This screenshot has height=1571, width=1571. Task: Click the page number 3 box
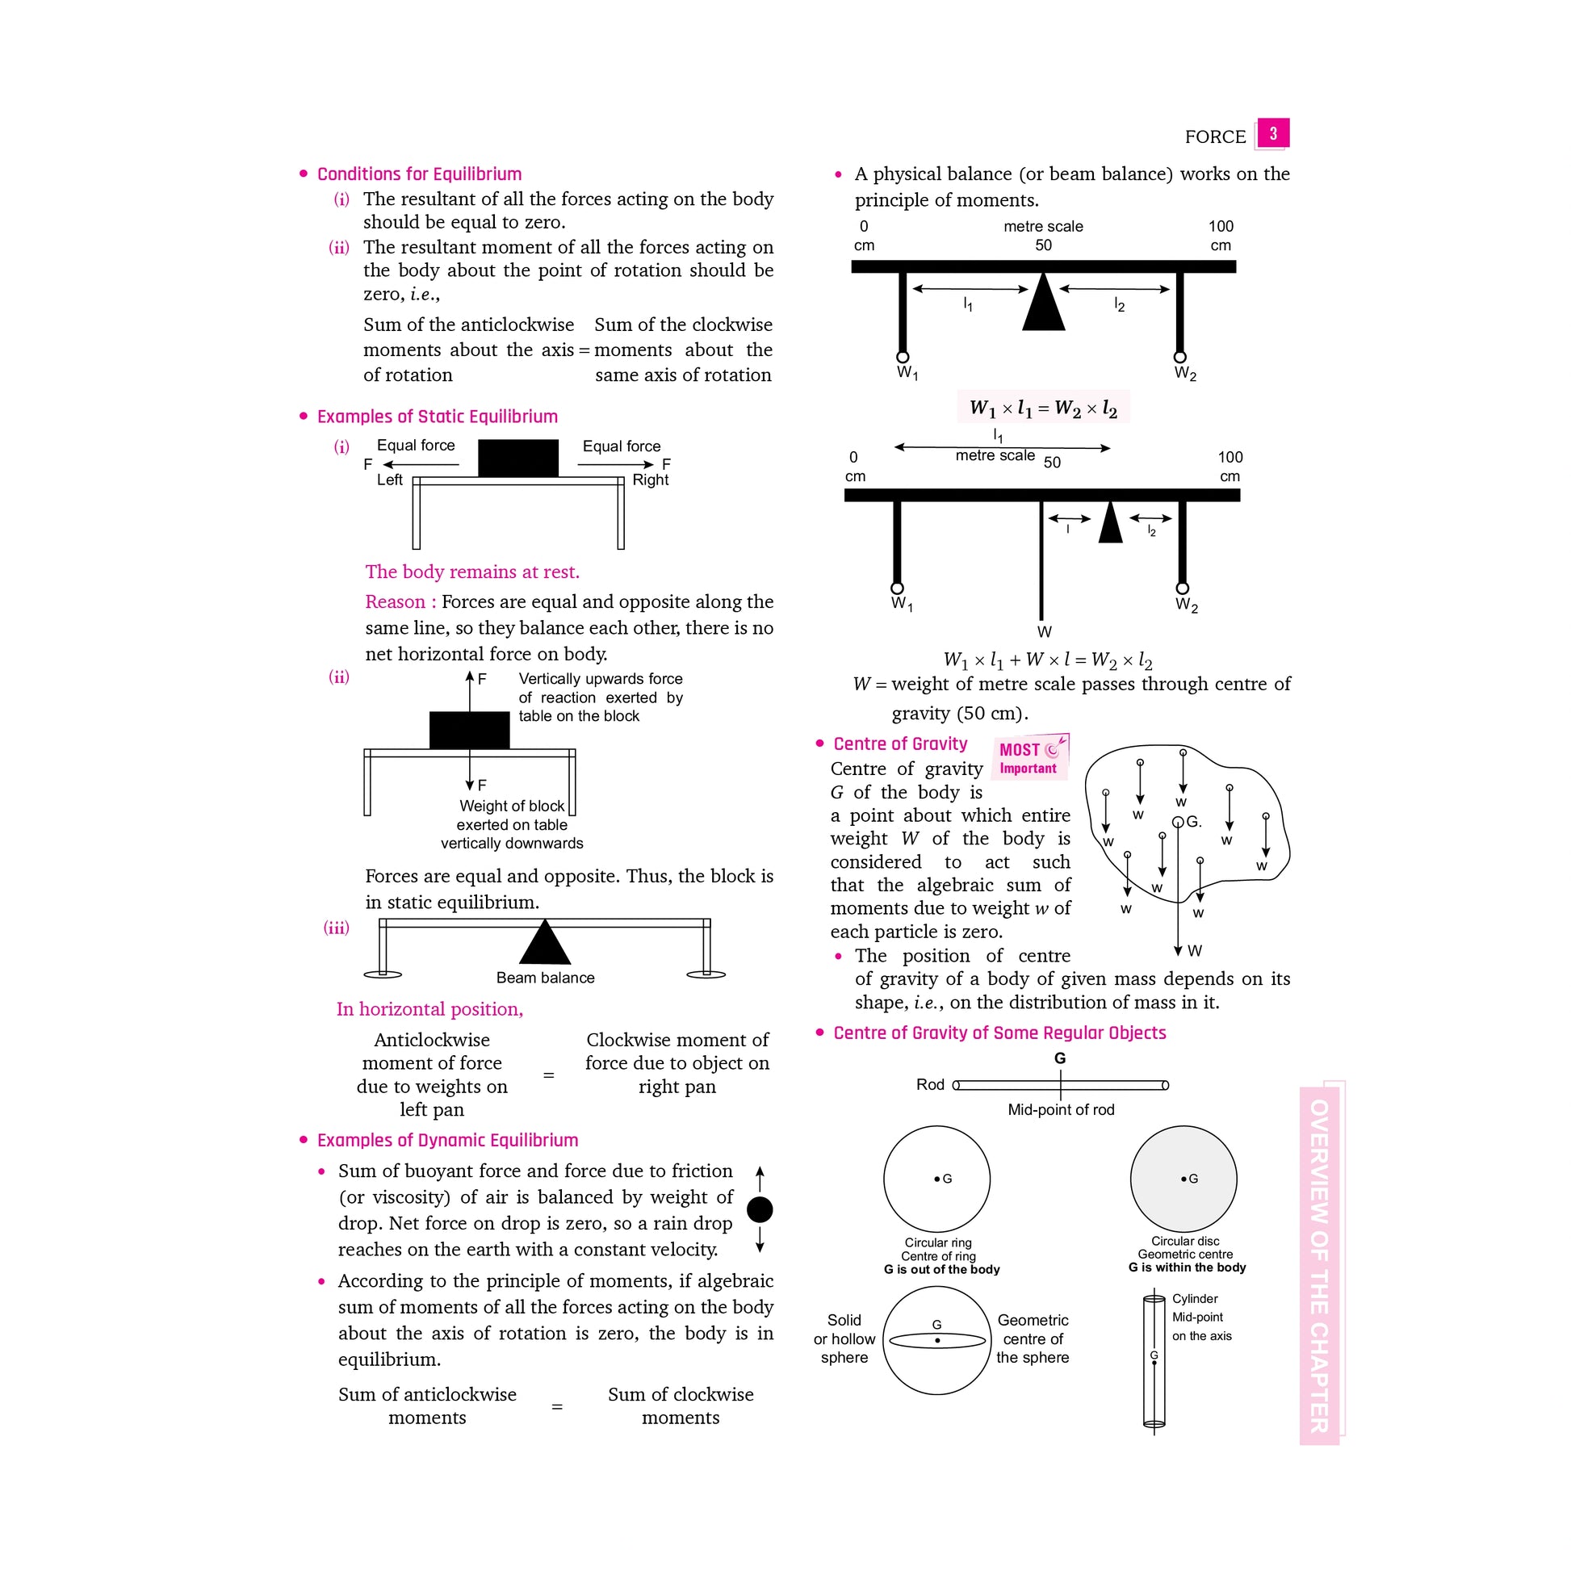pyautogui.click(x=1272, y=133)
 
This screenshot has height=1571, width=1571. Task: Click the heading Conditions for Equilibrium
pyautogui.click(x=419, y=174)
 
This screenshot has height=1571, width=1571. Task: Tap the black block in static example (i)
pyautogui.click(x=518, y=458)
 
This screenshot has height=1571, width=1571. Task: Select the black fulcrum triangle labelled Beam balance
pyautogui.click(x=544, y=943)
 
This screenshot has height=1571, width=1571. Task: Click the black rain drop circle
pyautogui.click(x=760, y=1210)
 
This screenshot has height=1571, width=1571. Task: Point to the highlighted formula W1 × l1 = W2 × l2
pyautogui.click(x=1043, y=408)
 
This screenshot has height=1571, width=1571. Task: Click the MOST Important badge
pyautogui.click(x=1029, y=757)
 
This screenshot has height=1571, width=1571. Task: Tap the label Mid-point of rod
pyautogui.click(x=1060, y=1110)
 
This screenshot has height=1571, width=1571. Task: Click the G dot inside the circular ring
pyautogui.click(x=937, y=1179)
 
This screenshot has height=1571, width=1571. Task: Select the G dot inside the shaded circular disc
pyautogui.click(x=1184, y=1179)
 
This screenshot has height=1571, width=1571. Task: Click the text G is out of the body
pyautogui.click(x=941, y=1269)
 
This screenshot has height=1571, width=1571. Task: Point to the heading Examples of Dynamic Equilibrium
pyautogui.click(x=447, y=1140)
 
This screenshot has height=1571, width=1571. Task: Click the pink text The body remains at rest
pyautogui.click(x=471, y=572)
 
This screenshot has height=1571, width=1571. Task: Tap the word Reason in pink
pyautogui.click(x=396, y=601)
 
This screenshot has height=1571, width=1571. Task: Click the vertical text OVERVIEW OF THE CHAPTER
pyautogui.click(x=1319, y=1265)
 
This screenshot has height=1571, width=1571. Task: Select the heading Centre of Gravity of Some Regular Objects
pyautogui.click(x=999, y=1033)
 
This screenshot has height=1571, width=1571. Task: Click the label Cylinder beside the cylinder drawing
pyautogui.click(x=1195, y=1299)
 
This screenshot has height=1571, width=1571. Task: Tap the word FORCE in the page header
pyautogui.click(x=1215, y=136)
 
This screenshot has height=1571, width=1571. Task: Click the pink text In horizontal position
pyautogui.click(x=429, y=1009)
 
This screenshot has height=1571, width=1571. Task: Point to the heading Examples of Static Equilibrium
pyautogui.click(x=437, y=417)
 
